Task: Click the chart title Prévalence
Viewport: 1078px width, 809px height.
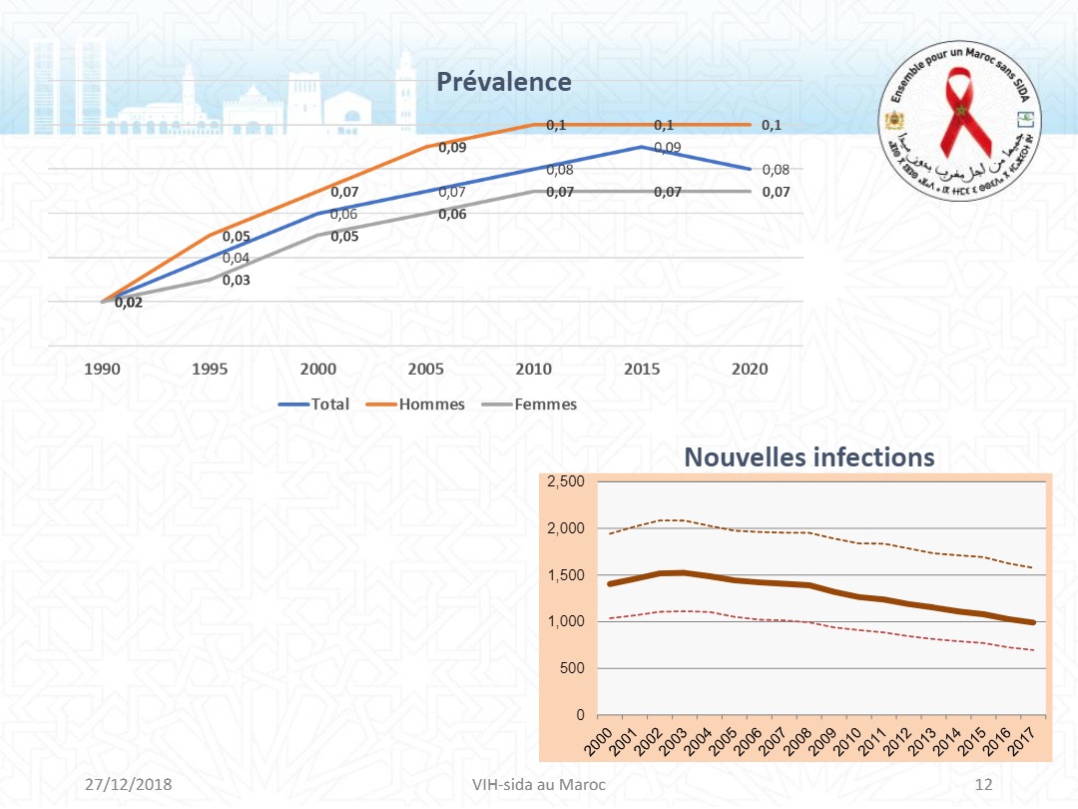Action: (503, 82)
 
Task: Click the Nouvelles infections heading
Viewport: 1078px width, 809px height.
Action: (808, 457)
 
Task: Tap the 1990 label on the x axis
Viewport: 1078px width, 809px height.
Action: (103, 369)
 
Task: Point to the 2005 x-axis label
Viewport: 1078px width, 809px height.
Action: (426, 369)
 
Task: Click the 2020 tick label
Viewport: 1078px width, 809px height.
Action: (750, 369)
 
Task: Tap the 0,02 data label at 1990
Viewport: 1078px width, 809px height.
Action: (128, 303)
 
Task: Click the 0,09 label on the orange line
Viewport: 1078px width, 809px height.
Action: (451, 148)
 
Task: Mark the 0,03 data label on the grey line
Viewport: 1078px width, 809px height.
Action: (236, 281)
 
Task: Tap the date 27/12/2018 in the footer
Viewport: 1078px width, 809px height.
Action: (129, 784)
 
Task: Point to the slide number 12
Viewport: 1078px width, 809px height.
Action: (983, 784)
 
